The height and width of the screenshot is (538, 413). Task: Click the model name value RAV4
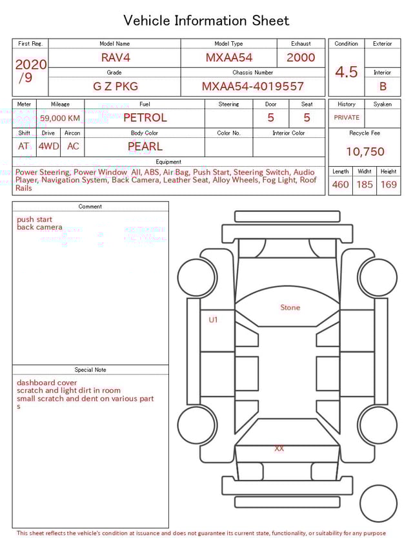click(116, 57)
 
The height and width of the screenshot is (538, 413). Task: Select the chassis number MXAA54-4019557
click(252, 86)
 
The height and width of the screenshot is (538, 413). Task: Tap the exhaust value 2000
click(301, 57)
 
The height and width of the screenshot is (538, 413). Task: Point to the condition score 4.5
click(347, 72)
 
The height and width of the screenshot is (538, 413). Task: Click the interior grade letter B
click(383, 86)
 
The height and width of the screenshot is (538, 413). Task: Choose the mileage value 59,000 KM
click(60, 118)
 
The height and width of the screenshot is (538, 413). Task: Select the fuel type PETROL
click(145, 117)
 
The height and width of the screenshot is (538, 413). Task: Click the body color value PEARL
click(145, 146)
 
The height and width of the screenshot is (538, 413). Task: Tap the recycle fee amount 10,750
click(365, 152)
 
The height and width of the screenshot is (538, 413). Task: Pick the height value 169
click(388, 185)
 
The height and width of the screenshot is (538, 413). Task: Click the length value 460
click(340, 185)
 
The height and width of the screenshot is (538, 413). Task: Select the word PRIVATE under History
click(347, 118)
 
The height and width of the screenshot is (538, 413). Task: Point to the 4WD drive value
click(48, 146)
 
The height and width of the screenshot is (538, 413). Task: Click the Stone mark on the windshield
click(290, 307)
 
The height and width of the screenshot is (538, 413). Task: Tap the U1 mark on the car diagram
click(213, 320)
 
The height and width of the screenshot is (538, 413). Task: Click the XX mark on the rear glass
click(279, 448)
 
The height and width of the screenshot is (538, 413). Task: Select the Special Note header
click(90, 370)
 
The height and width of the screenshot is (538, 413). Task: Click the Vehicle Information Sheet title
click(206, 21)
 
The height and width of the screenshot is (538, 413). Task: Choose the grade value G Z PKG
click(116, 86)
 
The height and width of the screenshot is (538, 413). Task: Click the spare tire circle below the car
click(378, 503)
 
